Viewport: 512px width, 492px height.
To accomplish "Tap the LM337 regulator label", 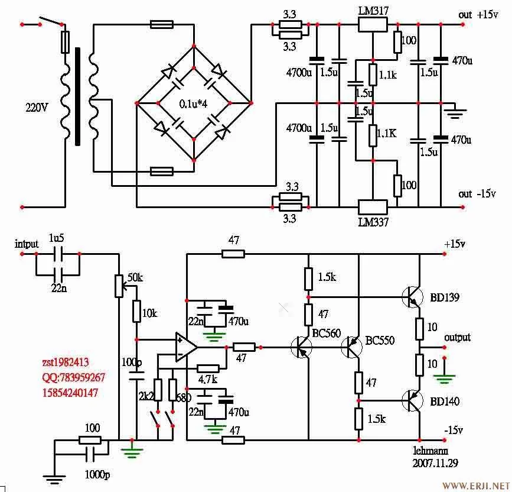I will click(373, 222).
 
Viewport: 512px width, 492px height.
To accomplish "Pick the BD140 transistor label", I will click(444, 402).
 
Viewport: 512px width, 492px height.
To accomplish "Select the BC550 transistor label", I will click(380, 340).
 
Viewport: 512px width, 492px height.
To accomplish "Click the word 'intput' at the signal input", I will click(27, 244).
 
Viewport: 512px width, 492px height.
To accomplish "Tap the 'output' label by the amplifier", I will click(458, 338).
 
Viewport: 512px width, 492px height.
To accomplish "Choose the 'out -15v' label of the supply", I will click(477, 193).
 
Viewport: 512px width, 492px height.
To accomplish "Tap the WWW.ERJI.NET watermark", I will click(475, 485).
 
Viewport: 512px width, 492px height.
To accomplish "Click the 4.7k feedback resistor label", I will click(207, 379).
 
